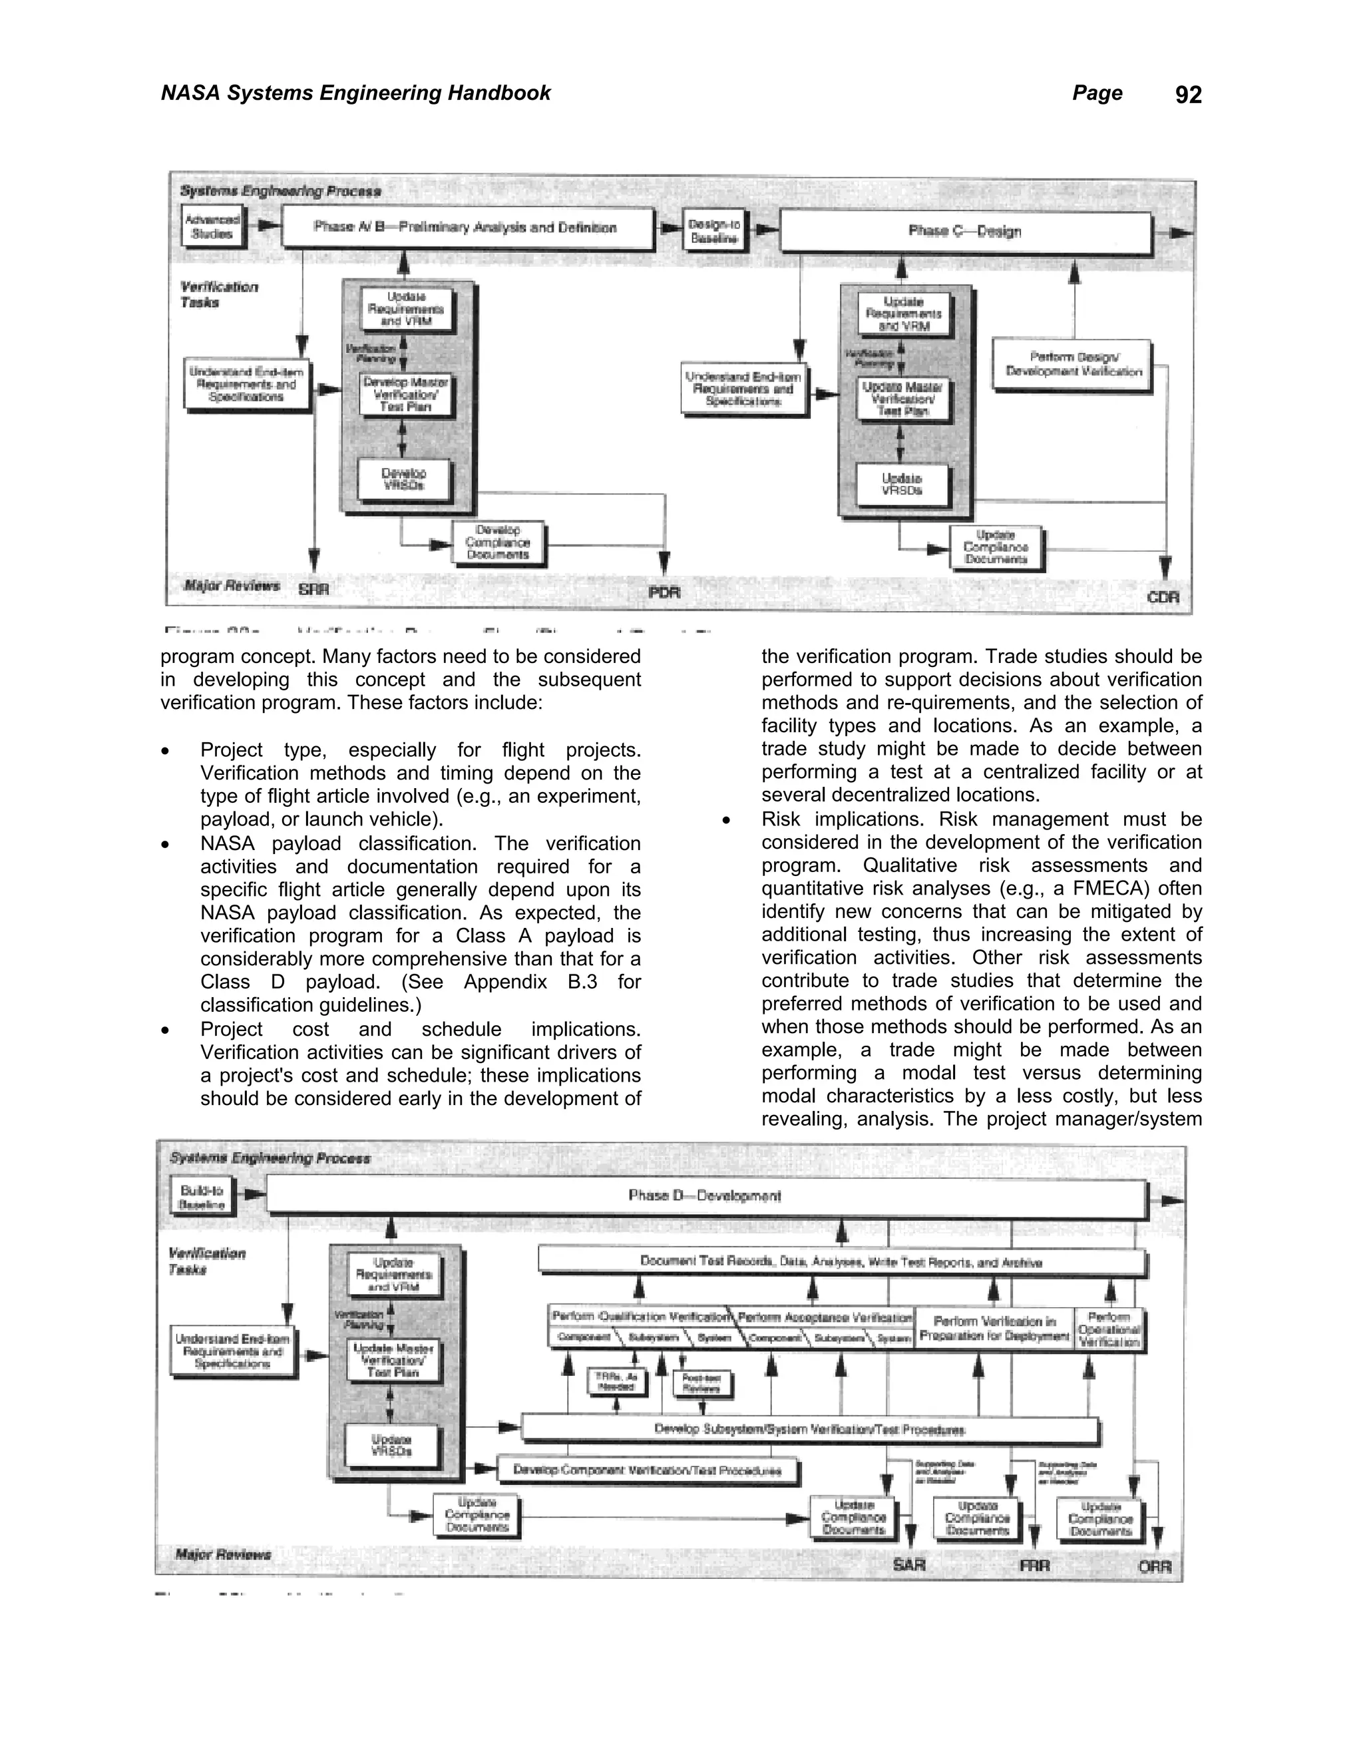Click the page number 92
point(1188,95)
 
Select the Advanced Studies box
point(212,227)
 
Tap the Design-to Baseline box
point(714,232)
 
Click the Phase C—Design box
point(965,232)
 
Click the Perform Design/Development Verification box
point(1073,365)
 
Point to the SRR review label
point(313,590)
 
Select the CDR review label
point(1163,598)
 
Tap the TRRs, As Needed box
point(616,1381)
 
